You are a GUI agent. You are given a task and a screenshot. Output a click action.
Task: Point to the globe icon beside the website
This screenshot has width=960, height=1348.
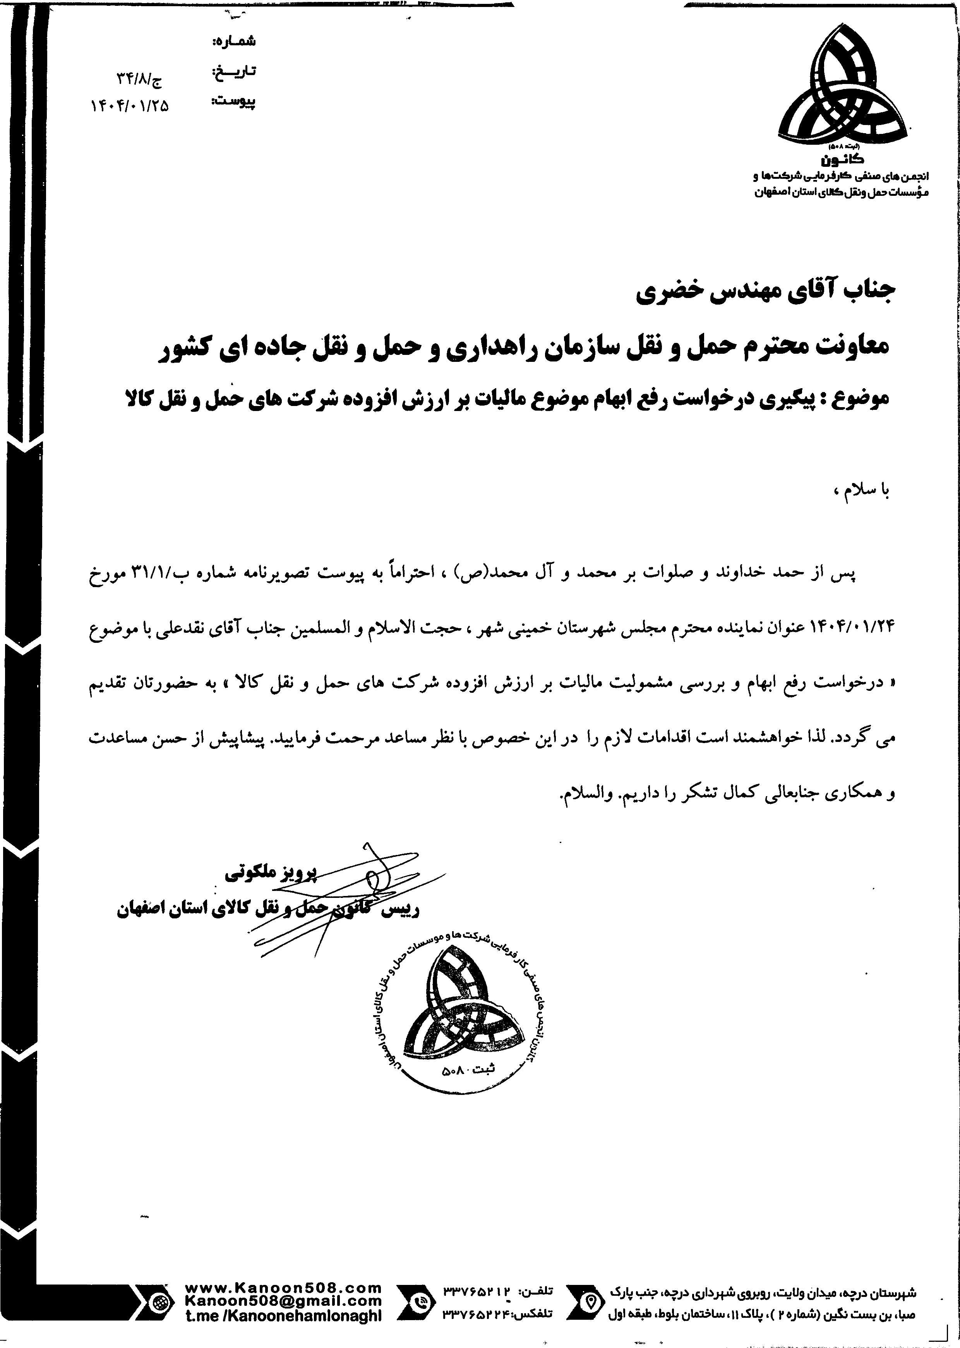159,1301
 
